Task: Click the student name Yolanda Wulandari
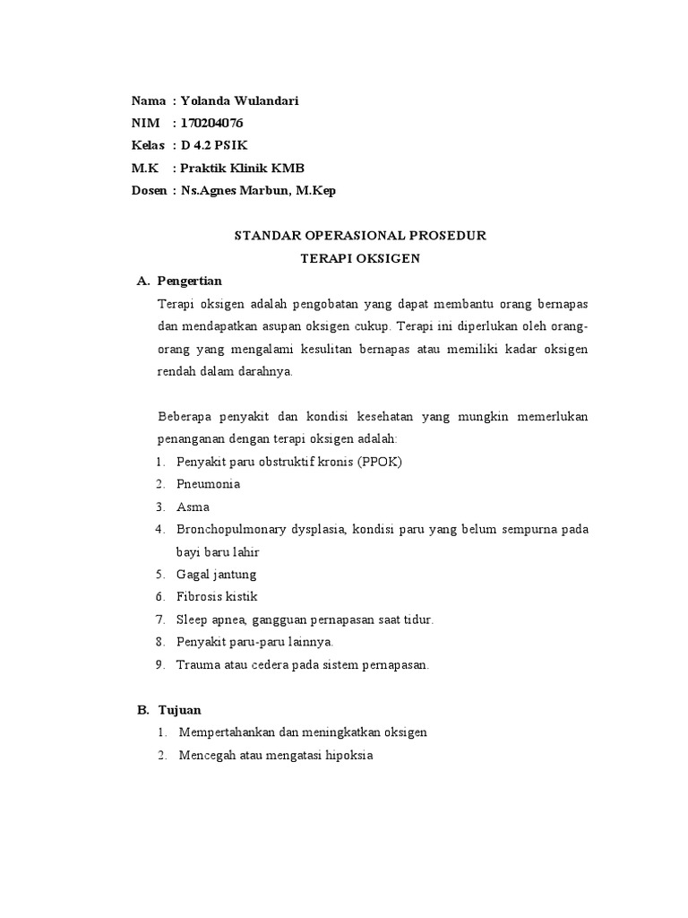point(239,101)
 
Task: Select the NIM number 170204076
point(211,124)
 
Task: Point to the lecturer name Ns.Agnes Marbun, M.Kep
point(257,190)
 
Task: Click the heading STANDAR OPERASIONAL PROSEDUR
point(360,237)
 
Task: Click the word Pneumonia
point(208,484)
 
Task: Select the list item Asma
point(193,507)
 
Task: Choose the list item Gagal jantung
point(217,574)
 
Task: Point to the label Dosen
point(148,190)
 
